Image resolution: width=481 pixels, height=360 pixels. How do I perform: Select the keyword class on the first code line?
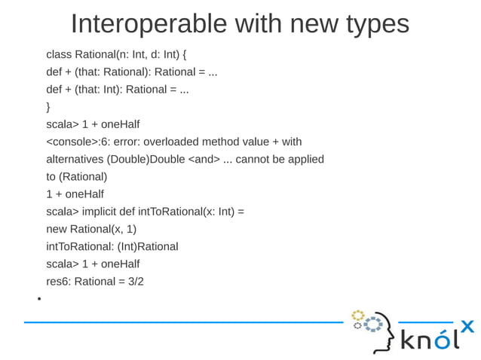click(59, 55)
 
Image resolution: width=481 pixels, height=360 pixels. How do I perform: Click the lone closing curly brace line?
click(48, 107)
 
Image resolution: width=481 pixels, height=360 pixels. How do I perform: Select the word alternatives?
click(75, 159)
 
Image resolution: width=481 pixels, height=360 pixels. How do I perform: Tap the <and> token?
click(204, 159)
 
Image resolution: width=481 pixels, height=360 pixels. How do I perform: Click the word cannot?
click(255, 159)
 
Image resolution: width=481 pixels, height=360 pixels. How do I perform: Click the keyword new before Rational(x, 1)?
click(57, 229)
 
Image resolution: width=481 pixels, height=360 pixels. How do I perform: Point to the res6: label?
click(59, 281)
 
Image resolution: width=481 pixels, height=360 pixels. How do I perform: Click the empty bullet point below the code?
click(38, 299)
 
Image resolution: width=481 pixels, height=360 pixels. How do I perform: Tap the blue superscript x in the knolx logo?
click(467, 326)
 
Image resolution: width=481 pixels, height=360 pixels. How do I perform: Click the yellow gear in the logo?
click(357, 315)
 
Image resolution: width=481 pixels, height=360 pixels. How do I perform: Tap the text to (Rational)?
click(76, 177)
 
